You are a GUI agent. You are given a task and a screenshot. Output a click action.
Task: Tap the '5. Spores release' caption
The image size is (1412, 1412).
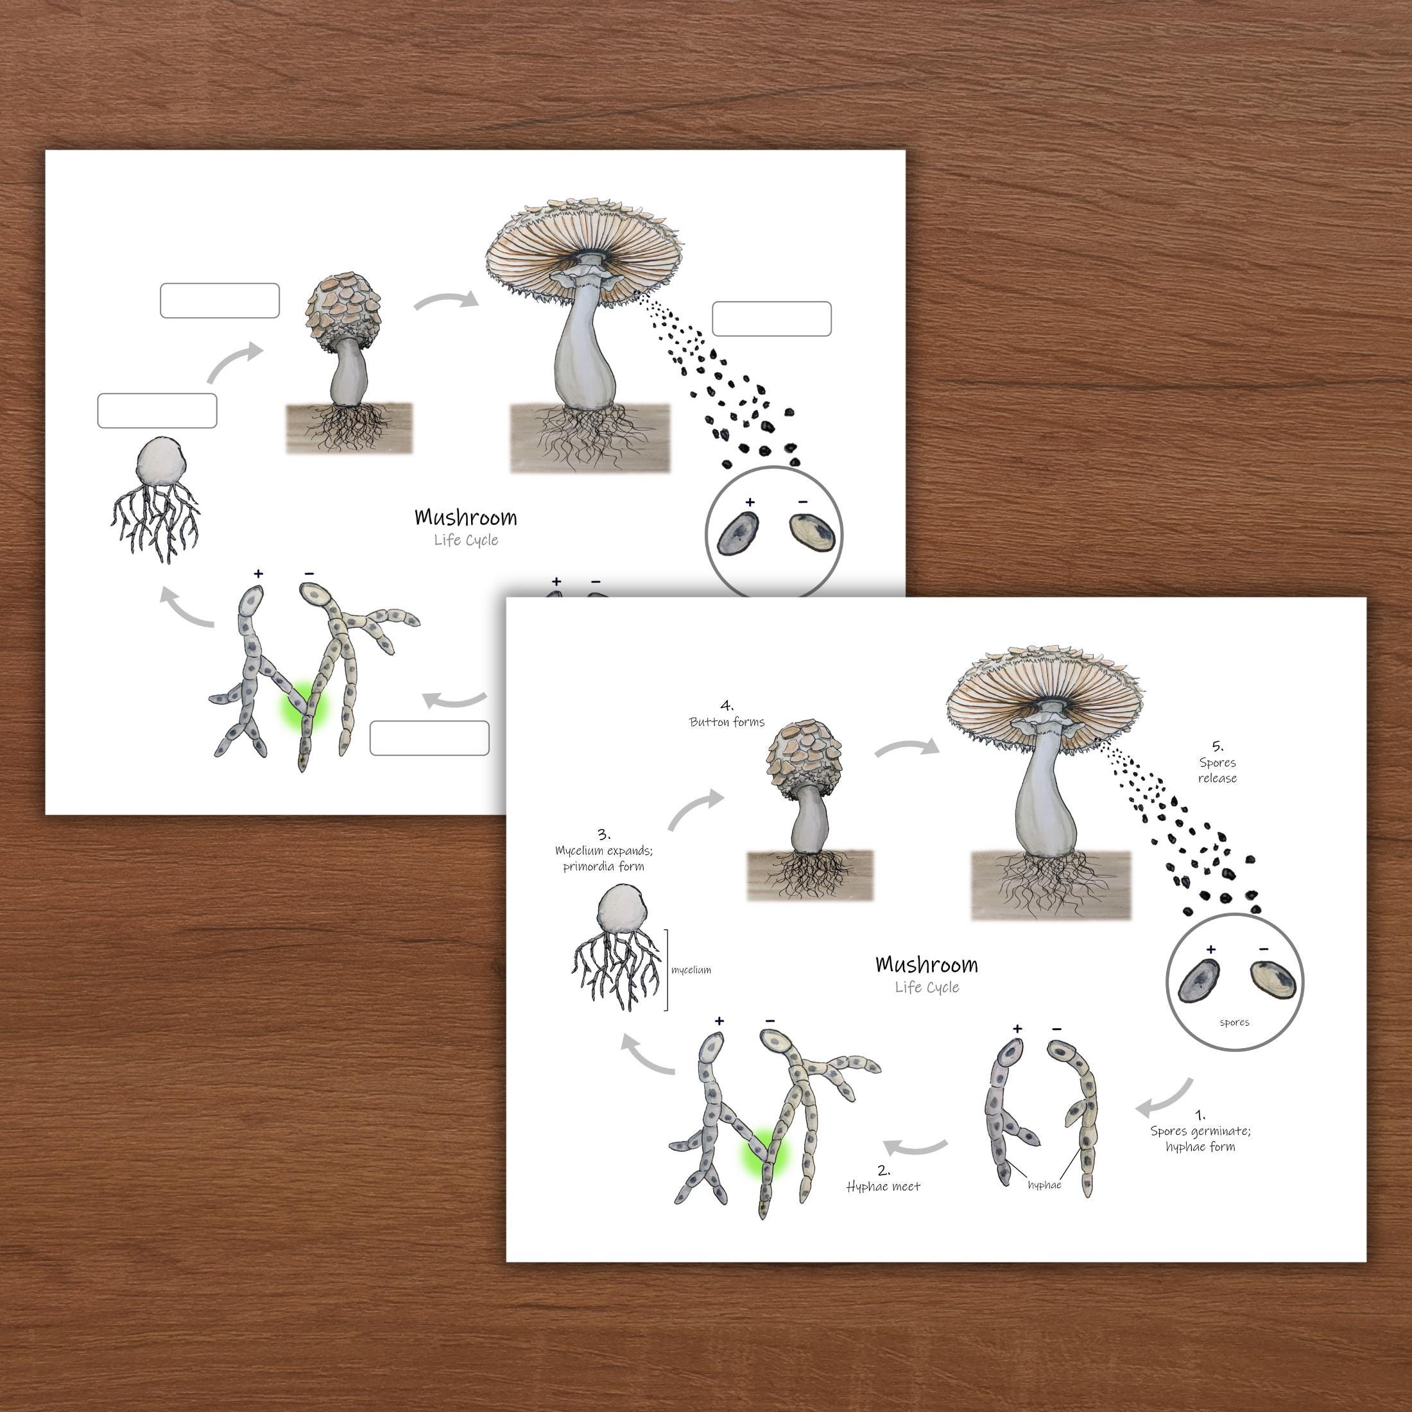pyautogui.click(x=1217, y=763)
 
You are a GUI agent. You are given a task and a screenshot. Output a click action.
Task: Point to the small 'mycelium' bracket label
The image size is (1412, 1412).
pyautogui.click(x=691, y=970)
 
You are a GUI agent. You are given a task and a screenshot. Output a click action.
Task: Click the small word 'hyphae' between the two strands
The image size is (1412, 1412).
pyautogui.click(x=1044, y=1185)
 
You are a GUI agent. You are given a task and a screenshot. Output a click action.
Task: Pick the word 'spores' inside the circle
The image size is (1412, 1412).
pyautogui.click(x=1234, y=1022)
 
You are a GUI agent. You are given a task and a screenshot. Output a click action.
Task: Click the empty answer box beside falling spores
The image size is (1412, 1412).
pyautogui.click(x=771, y=318)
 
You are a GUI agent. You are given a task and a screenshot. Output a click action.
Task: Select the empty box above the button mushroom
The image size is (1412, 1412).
pyautogui.click(x=220, y=300)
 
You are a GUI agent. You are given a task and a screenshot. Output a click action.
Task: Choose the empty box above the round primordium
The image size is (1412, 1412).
pyautogui.click(x=157, y=411)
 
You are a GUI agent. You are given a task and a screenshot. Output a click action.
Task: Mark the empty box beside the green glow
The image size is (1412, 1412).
pyautogui.click(x=429, y=738)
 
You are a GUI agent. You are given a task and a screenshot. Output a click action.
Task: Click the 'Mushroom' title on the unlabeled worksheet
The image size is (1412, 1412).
pyautogui.click(x=465, y=517)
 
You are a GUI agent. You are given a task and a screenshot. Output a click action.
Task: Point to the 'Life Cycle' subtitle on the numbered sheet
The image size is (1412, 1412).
pyautogui.click(x=927, y=987)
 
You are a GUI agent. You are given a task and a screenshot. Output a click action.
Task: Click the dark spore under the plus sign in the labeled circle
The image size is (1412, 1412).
pyautogui.click(x=1198, y=981)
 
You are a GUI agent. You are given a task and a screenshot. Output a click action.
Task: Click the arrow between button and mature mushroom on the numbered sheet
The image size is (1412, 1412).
pyautogui.click(x=906, y=748)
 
